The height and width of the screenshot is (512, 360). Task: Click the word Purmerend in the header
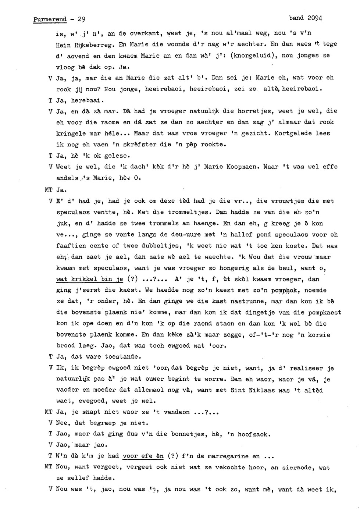pyautogui.click(x=50, y=19)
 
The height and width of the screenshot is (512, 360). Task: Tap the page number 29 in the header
pyautogui.click(x=81, y=19)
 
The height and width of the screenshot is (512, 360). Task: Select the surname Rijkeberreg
pyautogui.click(x=95, y=45)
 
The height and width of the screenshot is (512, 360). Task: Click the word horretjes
pyautogui.click(x=254, y=111)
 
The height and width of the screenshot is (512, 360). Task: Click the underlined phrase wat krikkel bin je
pyautogui.click(x=90, y=279)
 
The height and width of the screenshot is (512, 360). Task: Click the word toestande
pyautogui.click(x=122, y=356)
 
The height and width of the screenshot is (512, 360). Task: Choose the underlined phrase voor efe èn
pyautogui.click(x=143, y=456)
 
